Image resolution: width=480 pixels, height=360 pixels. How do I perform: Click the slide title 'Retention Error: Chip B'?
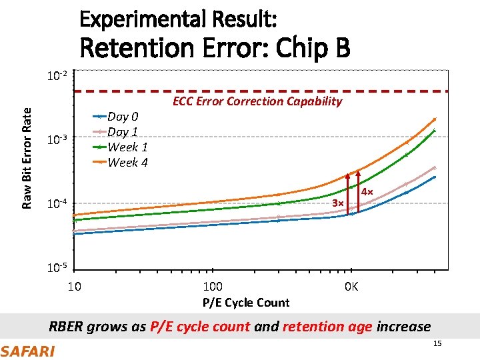[215, 48]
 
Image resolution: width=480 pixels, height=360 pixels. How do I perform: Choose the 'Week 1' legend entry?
[127, 147]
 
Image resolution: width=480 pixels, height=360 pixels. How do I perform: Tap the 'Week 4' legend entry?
[127, 162]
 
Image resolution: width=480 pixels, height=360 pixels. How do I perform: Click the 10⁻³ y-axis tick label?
[56, 139]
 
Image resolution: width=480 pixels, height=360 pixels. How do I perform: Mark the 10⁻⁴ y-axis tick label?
[56, 203]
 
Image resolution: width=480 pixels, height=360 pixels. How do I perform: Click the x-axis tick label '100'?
[212, 287]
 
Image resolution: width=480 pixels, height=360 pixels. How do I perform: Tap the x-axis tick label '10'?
[75, 287]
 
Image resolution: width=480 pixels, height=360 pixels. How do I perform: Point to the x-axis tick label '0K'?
[351, 287]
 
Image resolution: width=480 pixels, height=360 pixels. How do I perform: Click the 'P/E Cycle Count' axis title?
[246, 303]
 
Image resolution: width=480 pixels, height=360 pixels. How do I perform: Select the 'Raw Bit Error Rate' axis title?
[27, 149]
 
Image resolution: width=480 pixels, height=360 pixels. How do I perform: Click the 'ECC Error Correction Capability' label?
[257, 101]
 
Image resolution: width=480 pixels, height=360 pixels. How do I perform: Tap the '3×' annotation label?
[338, 203]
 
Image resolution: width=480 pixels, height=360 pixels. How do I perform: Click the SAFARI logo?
[28, 351]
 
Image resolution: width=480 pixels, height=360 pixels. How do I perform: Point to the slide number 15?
[437, 343]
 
